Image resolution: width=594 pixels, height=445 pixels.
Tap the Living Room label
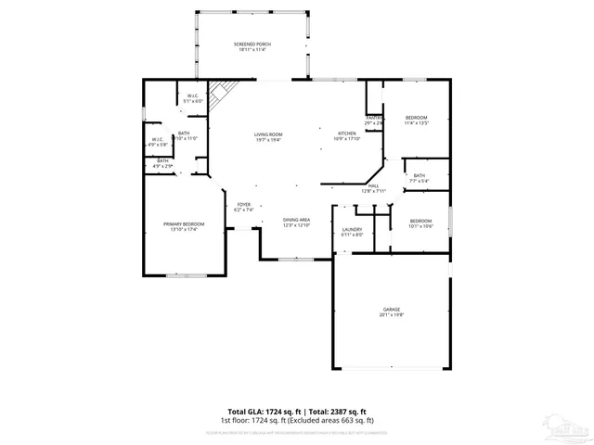coord(268,136)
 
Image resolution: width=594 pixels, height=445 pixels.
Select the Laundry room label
coord(352,232)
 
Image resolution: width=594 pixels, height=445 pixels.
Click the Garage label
coord(391,311)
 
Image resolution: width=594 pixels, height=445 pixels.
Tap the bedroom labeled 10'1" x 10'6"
coord(421,222)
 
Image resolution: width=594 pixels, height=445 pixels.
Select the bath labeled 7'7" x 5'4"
coord(420,178)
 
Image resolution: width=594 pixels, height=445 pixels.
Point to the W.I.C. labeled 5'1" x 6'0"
coord(193,98)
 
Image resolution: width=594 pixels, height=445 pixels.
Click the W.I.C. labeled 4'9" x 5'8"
coord(157,142)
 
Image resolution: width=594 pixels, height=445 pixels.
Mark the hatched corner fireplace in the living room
coord(219,92)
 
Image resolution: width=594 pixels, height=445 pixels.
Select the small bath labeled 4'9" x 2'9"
coord(162,164)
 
